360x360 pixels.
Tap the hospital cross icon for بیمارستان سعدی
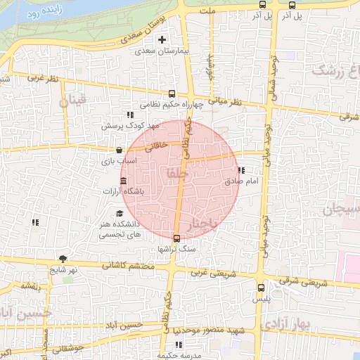162,39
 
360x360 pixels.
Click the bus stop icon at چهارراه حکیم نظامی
172,94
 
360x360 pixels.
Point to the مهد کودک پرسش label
131,126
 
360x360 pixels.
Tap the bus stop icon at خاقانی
120,149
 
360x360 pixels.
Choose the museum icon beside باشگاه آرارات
124,182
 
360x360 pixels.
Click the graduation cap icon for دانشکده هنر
120,212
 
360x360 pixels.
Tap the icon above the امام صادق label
242,170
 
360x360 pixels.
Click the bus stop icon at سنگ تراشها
176,237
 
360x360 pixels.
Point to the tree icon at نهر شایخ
64,258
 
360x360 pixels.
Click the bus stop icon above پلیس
262,287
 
